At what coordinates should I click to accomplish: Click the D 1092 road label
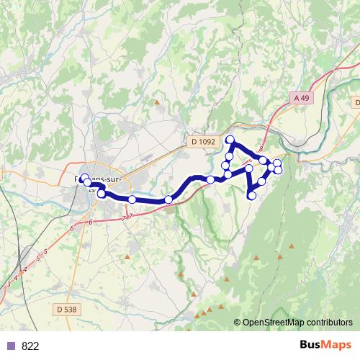point(204,143)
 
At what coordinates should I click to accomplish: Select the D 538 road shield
point(64,310)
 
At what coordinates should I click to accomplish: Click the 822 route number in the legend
point(30,346)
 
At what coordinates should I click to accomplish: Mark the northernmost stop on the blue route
point(230,140)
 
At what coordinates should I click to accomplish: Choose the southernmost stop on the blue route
point(252,195)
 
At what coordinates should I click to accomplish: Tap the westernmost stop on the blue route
point(84,178)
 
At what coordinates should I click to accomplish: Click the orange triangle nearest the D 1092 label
point(157,102)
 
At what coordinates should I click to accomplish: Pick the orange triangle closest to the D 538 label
point(127,256)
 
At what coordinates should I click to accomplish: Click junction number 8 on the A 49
point(260,147)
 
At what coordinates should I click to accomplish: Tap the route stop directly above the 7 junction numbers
point(132,199)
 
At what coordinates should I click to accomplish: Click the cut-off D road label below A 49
point(354,103)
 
